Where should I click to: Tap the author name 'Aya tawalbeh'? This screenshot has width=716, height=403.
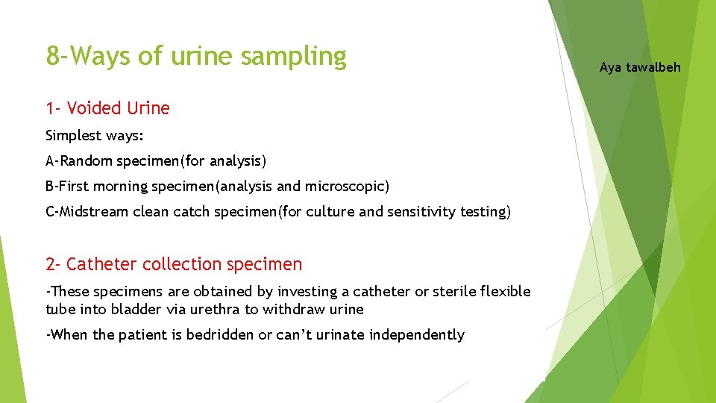[x=640, y=67]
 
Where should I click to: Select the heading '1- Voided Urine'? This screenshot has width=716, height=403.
[x=107, y=108]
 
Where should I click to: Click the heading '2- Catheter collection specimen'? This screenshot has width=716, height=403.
[x=174, y=264]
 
